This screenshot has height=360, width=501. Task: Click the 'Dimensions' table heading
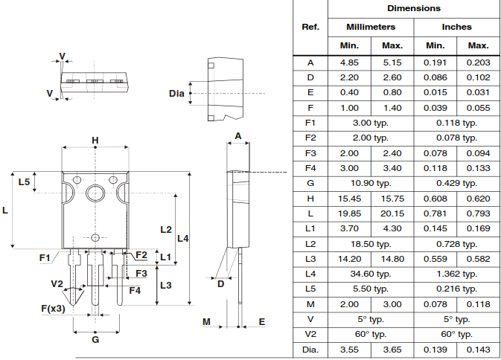point(414,8)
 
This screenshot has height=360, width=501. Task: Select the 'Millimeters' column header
point(371,27)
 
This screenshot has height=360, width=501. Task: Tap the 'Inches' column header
point(456,27)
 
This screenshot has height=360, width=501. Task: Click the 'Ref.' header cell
point(310,27)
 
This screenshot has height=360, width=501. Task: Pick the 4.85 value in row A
point(350,62)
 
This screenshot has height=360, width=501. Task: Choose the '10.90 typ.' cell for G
point(371,183)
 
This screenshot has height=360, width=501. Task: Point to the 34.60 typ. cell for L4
point(371,274)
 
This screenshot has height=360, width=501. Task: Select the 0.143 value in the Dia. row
point(478,349)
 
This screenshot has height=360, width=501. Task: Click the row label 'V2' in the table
point(310,334)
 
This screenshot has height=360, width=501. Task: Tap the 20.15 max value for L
point(392,213)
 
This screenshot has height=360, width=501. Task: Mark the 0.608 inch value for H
point(435,199)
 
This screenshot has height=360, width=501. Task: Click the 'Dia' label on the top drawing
point(176,93)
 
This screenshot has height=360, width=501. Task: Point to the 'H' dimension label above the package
point(95,141)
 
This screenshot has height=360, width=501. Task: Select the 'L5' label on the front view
point(23,182)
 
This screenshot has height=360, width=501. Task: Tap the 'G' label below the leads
point(95,339)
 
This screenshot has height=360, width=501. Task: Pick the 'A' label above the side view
point(238,135)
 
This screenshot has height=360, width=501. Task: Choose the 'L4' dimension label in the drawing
point(182,238)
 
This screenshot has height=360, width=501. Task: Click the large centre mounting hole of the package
point(95,193)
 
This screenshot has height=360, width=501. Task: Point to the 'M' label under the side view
point(208,321)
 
